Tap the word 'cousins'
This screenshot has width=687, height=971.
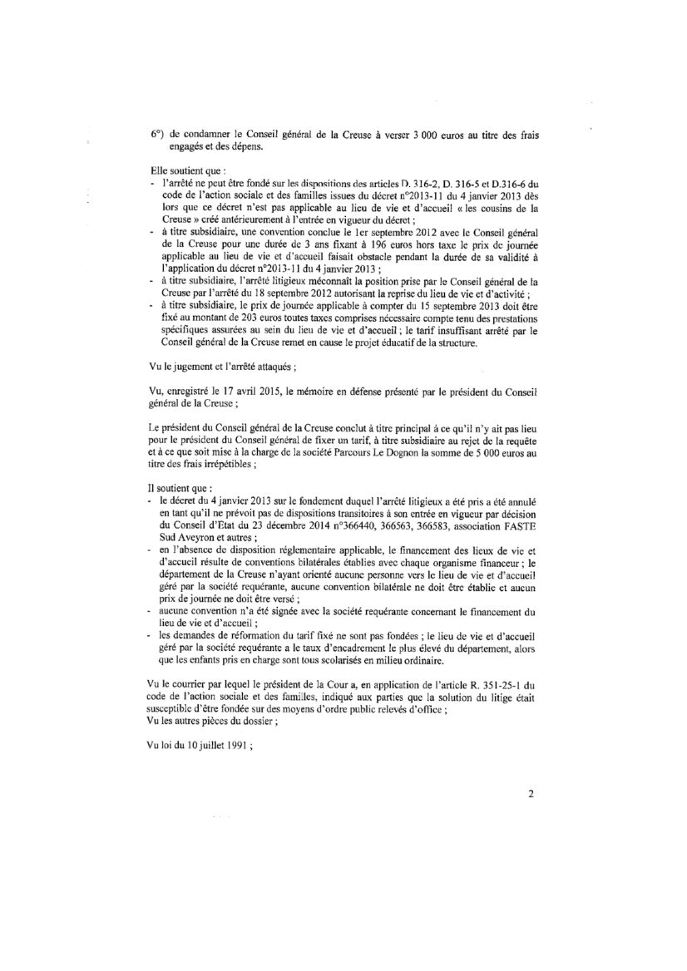(x=508, y=207)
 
